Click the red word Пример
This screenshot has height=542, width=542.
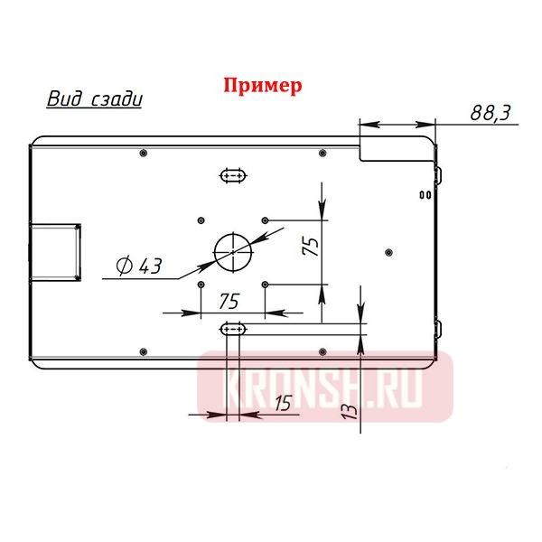262,86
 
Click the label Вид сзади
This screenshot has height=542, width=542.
94,98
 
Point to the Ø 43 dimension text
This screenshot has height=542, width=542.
139,266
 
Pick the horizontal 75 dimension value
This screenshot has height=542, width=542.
229,300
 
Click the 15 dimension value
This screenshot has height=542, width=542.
283,404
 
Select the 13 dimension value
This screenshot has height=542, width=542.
350,407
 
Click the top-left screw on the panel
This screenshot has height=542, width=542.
145,153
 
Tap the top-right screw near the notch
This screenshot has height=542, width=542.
322,153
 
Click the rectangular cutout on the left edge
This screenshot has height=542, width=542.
56,250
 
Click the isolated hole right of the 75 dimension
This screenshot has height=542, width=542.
388,251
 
